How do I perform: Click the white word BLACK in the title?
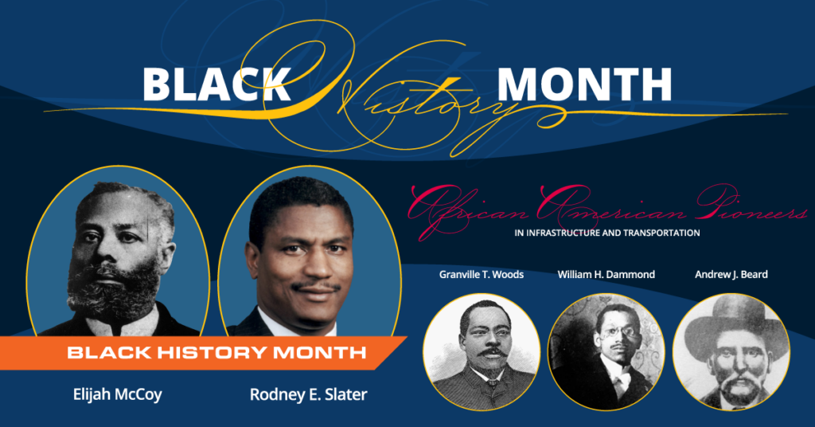216,84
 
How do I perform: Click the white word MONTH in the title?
584,84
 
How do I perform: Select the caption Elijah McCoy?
115,394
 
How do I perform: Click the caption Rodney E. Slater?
308,394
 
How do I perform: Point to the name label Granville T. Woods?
481,275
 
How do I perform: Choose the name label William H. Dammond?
606,275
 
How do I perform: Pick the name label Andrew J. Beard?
731,275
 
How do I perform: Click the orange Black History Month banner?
215,351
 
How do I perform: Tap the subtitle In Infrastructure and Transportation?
607,233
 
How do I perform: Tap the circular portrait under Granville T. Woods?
482,351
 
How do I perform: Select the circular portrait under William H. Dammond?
606,351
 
